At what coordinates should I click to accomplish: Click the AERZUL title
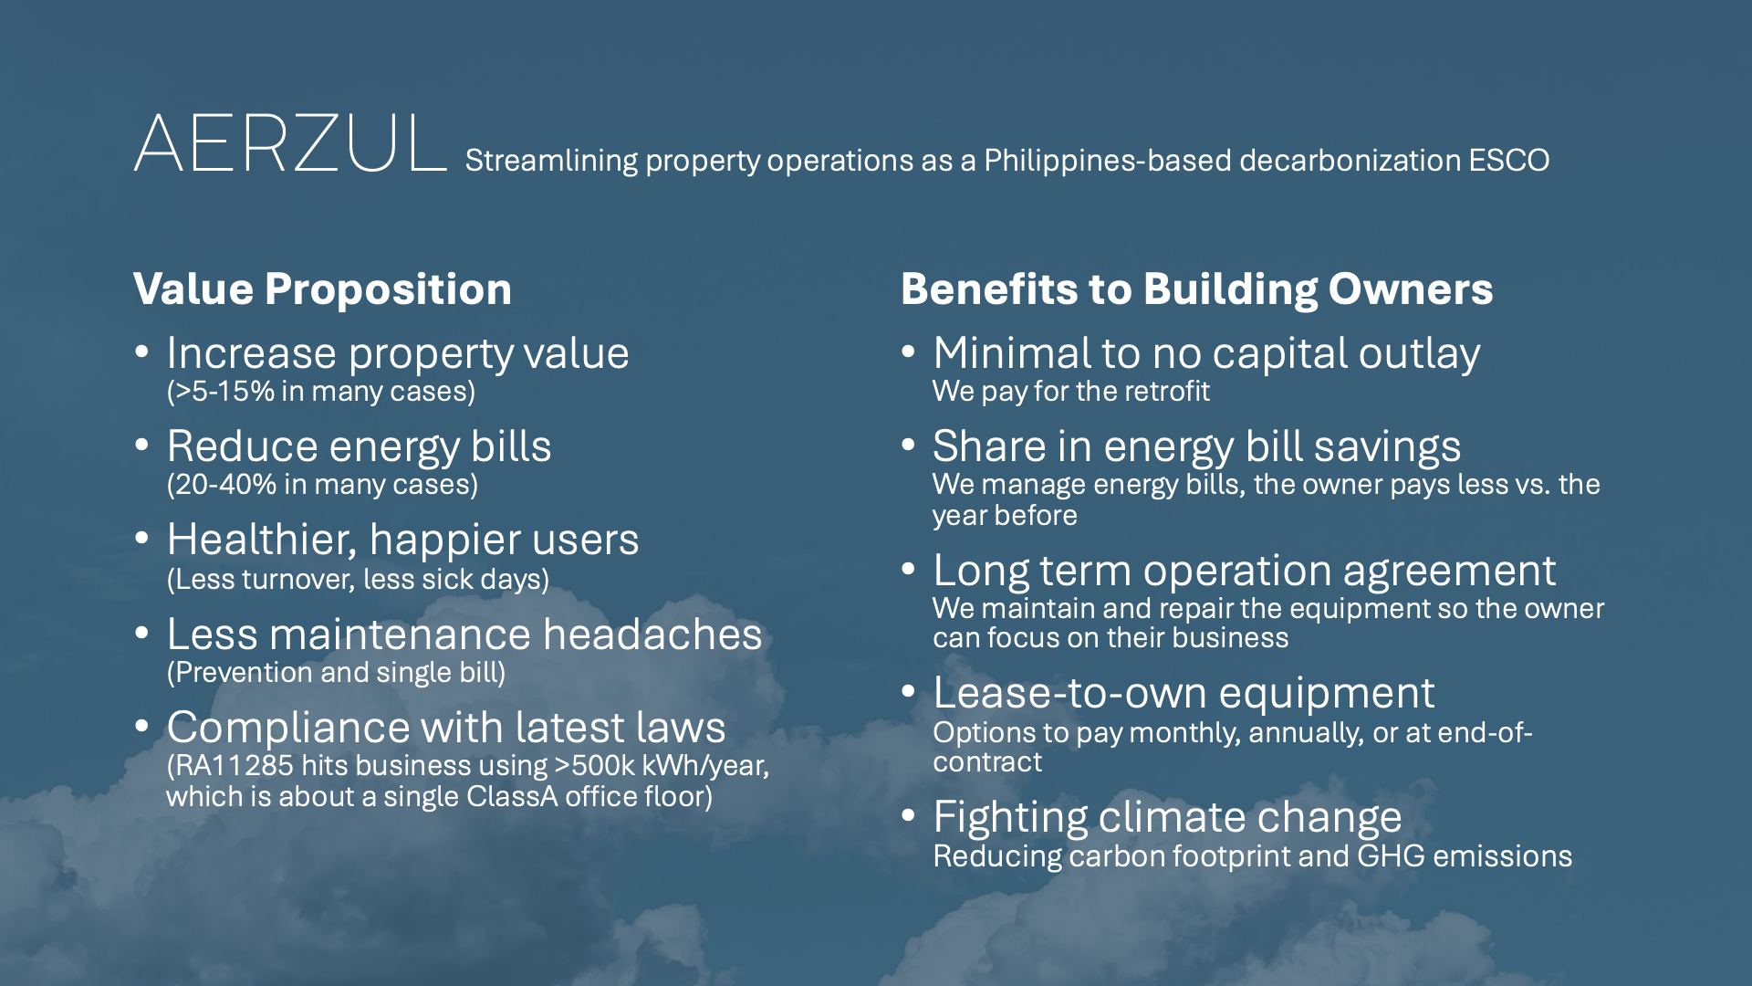(x=290, y=143)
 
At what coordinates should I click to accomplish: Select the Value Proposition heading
(x=322, y=289)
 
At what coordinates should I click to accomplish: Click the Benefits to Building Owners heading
(x=1196, y=289)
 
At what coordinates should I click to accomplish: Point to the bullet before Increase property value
(x=141, y=352)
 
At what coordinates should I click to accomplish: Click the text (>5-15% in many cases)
(x=321, y=392)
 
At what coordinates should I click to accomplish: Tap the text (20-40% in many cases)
(x=322, y=485)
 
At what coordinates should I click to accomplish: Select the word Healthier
(x=262, y=540)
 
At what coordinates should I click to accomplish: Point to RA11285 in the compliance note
(x=230, y=766)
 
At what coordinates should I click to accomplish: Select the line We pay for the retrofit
(x=1070, y=392)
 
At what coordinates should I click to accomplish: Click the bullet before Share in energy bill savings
(x=908, y=446)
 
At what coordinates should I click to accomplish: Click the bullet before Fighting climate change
(x=908, y=816)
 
